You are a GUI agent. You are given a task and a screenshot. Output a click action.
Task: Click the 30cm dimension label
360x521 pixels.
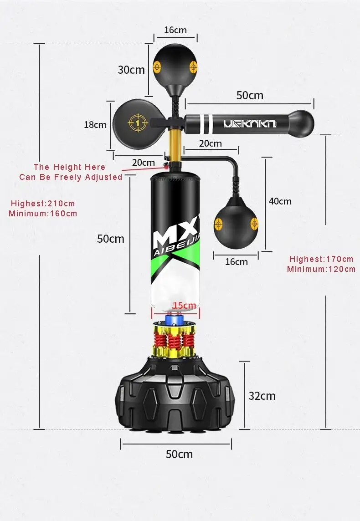tap(131, 70)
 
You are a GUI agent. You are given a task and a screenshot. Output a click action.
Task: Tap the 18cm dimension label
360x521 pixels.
tap(95, 125)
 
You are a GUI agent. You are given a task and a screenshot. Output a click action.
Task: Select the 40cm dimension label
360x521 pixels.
tap(280, 201)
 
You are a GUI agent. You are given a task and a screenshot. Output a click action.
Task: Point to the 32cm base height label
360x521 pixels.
tap(262, 396)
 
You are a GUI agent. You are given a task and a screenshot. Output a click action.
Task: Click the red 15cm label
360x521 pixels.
tap(184, 305)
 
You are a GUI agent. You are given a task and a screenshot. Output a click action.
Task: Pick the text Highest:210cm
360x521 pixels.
tap(43, 204)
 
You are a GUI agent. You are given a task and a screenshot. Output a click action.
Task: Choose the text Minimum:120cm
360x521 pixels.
tap(321, 269)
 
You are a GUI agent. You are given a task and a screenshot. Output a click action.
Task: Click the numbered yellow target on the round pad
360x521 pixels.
tap(138, 123)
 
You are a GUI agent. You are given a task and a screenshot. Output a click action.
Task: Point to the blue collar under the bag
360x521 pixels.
tap(175, 320)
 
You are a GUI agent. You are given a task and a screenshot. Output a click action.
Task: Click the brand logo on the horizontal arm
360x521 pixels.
tap(250, 124)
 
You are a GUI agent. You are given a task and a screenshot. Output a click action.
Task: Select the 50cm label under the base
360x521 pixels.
tap(179, 454)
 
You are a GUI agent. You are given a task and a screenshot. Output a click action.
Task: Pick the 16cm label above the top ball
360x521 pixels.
tap(175, 30)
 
